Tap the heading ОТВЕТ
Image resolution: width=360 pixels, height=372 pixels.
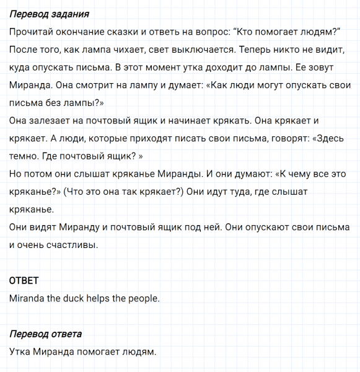[x=24, y=281]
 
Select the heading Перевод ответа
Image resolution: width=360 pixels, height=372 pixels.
[x=46, y=335]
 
